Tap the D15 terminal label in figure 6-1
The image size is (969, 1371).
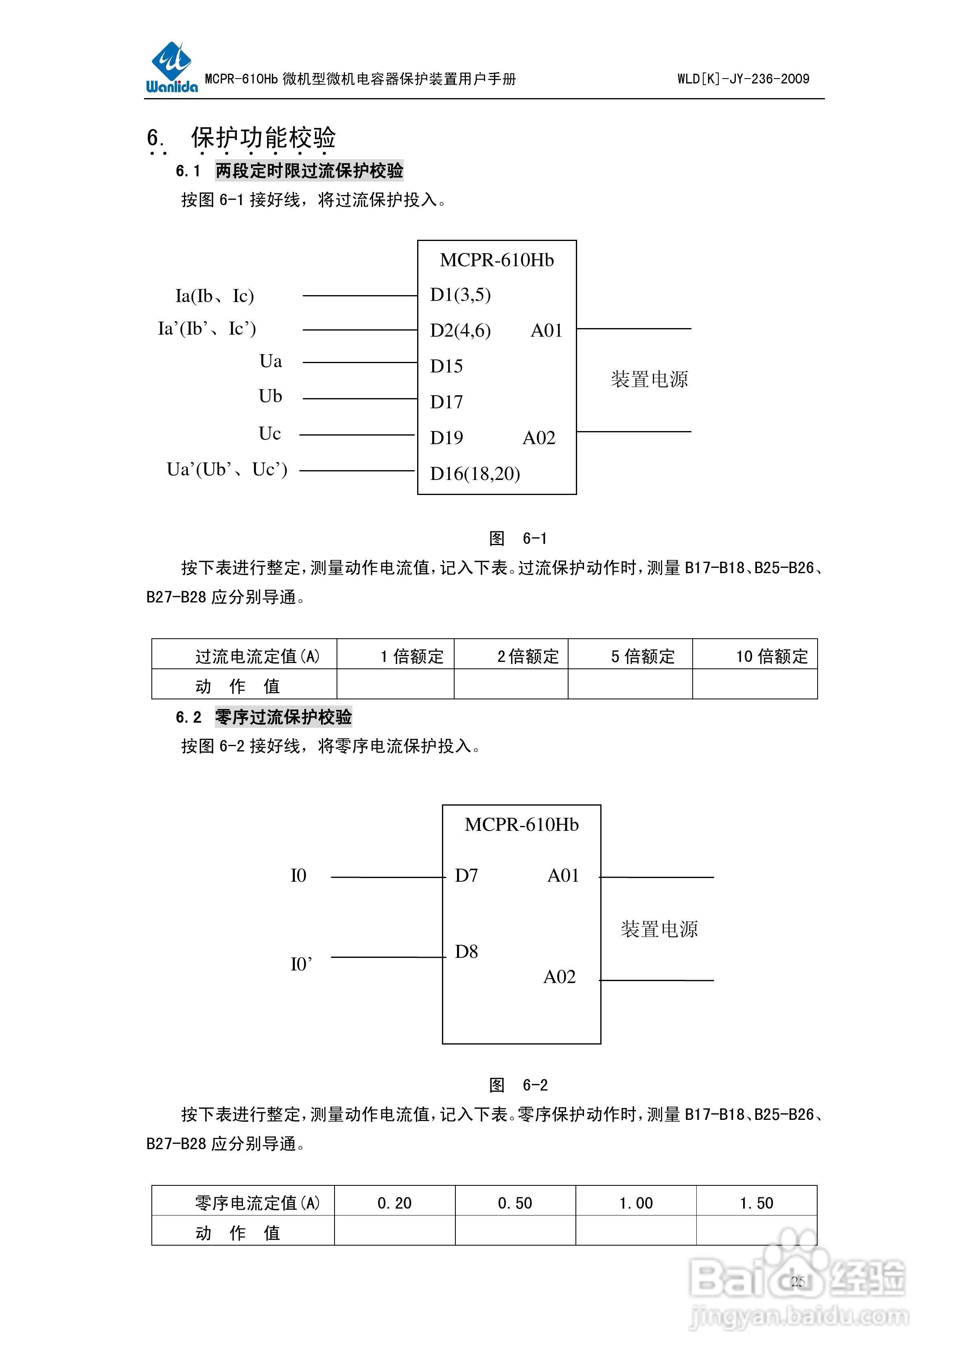coord(446,366)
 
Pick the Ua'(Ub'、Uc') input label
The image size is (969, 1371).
coord(227,469)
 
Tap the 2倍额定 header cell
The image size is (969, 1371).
coord(528,656)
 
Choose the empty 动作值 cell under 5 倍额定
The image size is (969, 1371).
coord(630,684)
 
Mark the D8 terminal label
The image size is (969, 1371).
coord(466,952)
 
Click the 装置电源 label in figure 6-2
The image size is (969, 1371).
coord(659,929)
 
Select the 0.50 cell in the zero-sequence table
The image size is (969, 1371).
coord(515,1202)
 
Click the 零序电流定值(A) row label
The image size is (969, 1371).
coord(257,1202)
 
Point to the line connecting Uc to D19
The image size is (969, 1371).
coord(357,435)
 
